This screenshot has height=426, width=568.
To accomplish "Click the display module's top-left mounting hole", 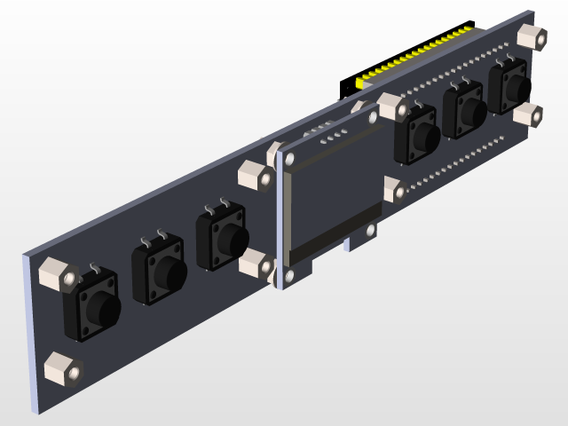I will coord(289,160).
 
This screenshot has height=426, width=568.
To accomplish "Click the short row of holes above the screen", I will coord(333,139).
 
